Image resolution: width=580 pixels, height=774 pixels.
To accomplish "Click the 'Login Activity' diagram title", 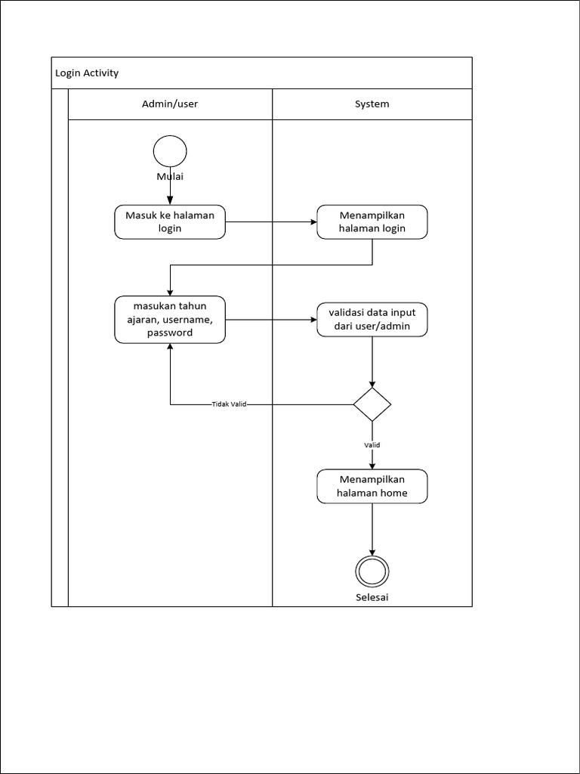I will (x=87, y=73).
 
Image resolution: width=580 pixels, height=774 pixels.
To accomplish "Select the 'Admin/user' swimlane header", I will (x=170, y=104).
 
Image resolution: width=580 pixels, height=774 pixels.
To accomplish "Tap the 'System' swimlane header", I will (x=372, y=104).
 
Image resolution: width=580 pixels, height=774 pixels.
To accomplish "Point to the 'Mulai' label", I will (x=170, y=177).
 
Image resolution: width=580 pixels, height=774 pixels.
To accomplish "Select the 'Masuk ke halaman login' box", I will (x=170, y=222).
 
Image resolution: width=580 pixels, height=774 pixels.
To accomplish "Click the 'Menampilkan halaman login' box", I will (x=372, y=222).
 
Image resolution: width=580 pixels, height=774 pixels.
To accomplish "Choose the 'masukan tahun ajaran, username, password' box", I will (x=170, y=319).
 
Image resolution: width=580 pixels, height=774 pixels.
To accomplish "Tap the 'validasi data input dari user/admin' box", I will (x=372, y=320).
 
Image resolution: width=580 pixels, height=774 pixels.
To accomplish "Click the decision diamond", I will (x=372, y=404).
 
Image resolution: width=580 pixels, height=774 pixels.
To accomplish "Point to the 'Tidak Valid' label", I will (x=229, y=404).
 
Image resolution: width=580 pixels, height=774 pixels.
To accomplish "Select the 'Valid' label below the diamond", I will (x=372, y=445).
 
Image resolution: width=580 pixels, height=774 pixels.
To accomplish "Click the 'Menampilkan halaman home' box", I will (x=372, y=486).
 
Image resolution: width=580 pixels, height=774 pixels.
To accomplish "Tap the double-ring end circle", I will (x=372, y=571).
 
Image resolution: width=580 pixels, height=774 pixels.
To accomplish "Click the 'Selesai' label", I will (x=372, y=597).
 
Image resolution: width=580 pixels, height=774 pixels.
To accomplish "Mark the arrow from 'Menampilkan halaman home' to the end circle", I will (x=372, y=529).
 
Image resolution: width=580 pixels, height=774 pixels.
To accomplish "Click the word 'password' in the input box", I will (x=170, y=333).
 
